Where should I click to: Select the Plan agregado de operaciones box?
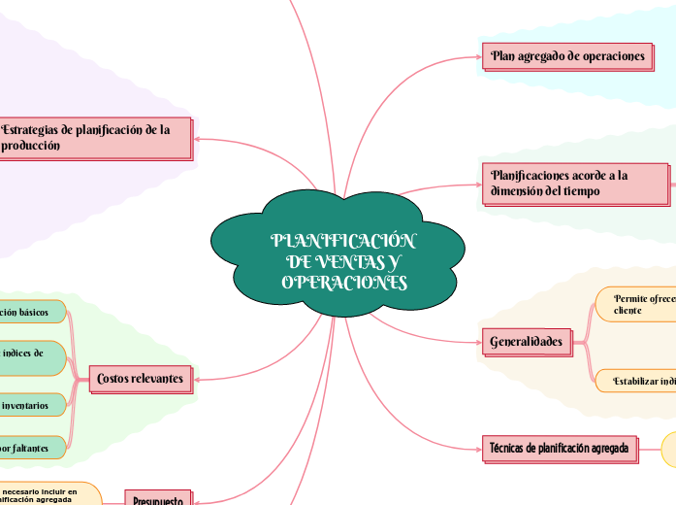(567, 56)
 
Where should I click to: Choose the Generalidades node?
(527, 342)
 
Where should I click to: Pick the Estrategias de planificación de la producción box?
(93, 137)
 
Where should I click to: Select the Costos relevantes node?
(140, 378)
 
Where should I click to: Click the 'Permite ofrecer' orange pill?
(636, 303)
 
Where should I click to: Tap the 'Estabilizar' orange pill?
(636, 382)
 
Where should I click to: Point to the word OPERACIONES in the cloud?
(344, 283)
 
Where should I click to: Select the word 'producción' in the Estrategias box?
(32, 145)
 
